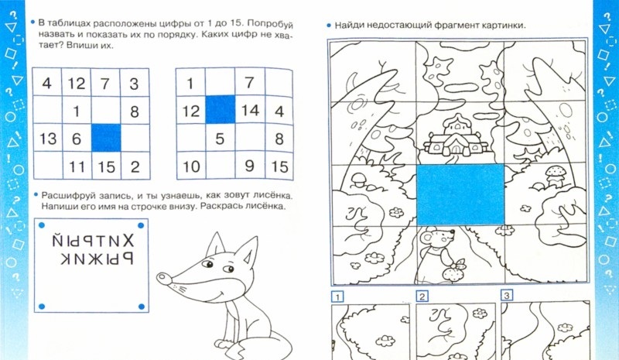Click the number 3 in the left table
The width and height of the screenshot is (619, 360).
(x=134, y=84)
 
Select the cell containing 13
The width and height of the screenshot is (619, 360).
(x=48, y=139)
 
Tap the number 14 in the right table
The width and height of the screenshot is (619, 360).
(x=250, y=110)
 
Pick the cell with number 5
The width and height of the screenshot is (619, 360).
(x=220, y=139)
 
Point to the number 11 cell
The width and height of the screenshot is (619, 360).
(x=77, y=166)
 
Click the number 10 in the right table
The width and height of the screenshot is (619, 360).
(x=191, y=166)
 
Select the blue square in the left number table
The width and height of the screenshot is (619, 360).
(x=106, y=138)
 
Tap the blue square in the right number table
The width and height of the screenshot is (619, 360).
(x=221, y=109)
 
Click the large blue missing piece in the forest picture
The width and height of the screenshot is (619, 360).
(x=460, y=195)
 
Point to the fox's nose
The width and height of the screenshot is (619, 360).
(x=162, y=277)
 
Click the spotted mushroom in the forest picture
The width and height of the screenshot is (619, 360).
(x=556, y=175)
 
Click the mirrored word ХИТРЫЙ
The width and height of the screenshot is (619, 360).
(x=93, y=240)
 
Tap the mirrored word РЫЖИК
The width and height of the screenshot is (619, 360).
(x=97, y=259)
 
